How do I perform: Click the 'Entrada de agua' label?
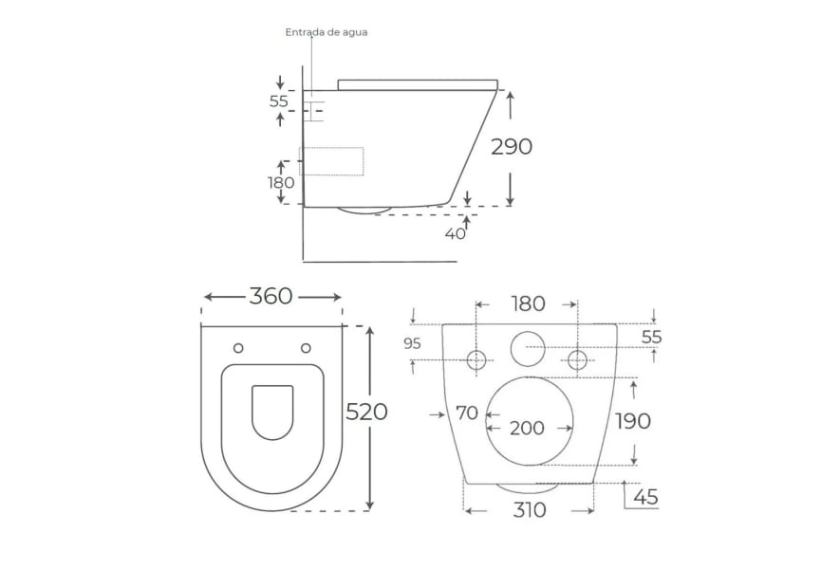pos(327,32)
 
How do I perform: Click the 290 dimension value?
pos(511,147)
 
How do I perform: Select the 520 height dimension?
pos(366,413)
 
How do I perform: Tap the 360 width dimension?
pos(271,297)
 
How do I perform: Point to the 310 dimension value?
pos(530,510)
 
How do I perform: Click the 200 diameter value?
pos(527,429)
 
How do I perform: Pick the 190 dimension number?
pos(632,421)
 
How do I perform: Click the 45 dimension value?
pos(645,497)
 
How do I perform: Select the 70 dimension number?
pos(467,413)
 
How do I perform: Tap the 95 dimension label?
pos(413,343)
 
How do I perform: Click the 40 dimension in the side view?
pos(455,234)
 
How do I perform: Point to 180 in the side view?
pos(281,182)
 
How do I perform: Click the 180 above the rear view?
pos(528,303)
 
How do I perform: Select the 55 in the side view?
pos(278,101)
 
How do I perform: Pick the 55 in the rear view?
pos(652,338)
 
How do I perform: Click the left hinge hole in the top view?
pos(238,348)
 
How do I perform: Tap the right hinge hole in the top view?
pos(306,348)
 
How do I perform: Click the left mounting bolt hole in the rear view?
pos(476,359)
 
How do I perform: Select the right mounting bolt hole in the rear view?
pos(577,359)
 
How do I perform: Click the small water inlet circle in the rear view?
pos(528,349)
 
